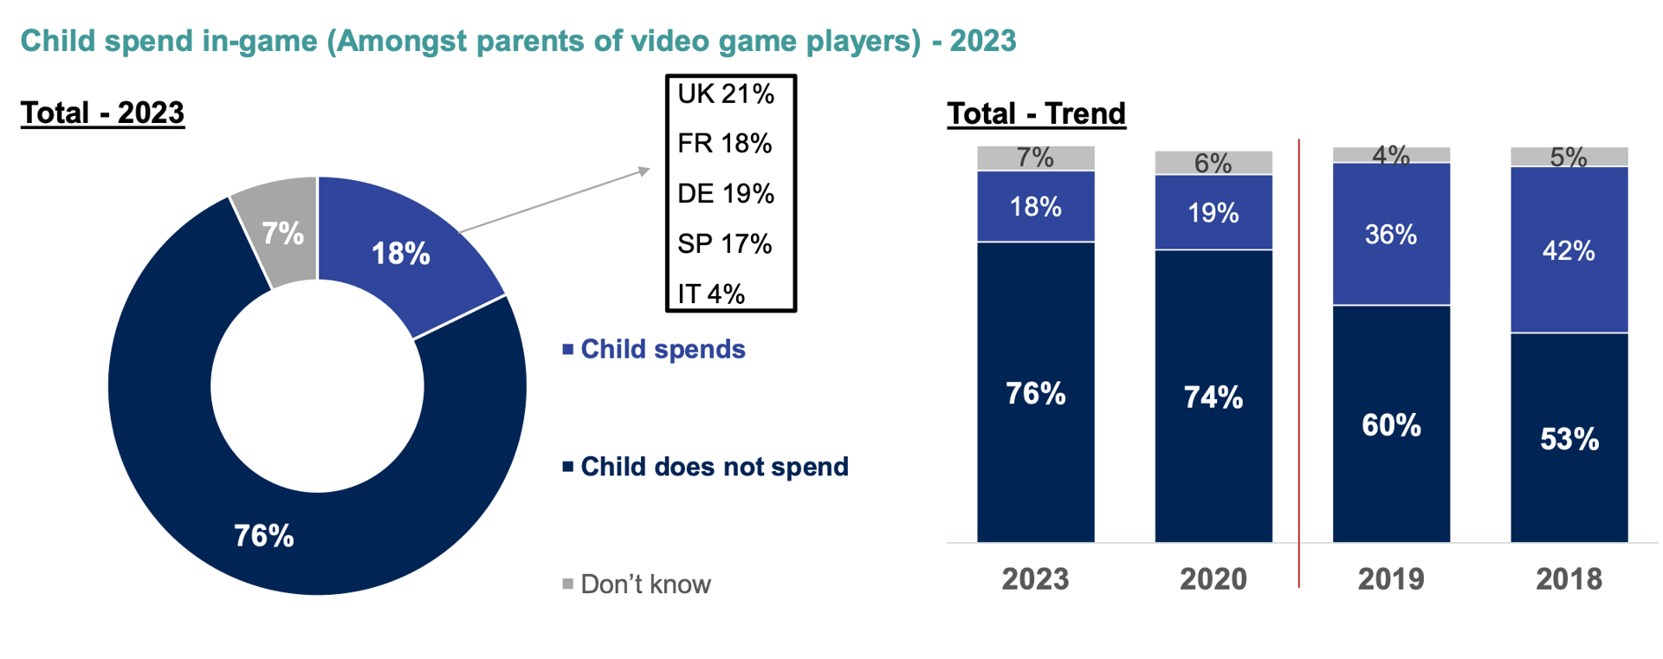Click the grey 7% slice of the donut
point(282,232)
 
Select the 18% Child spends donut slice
point(400,253)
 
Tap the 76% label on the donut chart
point(264,535)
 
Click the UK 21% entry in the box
point(725,94)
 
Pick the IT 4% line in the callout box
point(710,294)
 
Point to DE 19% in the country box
point(725,193)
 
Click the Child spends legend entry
point(662,349)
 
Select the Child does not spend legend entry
point(713,467)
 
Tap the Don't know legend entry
point(644,585)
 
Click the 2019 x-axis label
point(1390,578)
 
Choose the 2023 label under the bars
point(1035,578)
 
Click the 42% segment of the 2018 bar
point(1569,250)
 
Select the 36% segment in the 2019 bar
point(1390,234)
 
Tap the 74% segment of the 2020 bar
point(1213,397)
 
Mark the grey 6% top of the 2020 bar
point(1213,163)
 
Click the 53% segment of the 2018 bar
point(1569,438)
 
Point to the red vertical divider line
point(1299,364)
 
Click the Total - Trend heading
point(1036,113)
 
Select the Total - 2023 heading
point(102,113)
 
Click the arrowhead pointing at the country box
point(644,171)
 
